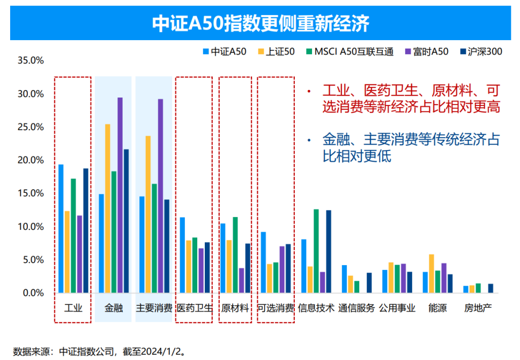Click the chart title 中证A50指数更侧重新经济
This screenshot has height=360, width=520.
tap(261, 24)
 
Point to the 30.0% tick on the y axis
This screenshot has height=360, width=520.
tap(30, 94)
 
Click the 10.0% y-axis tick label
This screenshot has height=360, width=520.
tap(30, 227)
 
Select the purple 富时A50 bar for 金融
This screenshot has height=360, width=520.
tap(120, 195)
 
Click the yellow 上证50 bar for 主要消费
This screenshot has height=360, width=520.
tap(148, 214)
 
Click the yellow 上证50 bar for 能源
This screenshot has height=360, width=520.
tap(432, 274)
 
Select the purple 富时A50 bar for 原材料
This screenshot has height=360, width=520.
tap(241, 280)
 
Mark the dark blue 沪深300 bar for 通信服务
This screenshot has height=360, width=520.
tap(369, 283)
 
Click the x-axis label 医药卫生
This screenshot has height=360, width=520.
tap(194, 309)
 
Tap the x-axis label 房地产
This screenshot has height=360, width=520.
tap(478, 309)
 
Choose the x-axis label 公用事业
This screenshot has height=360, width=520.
tap(397, 309)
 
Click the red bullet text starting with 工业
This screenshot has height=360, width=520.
tap(411, 99)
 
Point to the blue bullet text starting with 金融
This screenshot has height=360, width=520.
tap(411, 148)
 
